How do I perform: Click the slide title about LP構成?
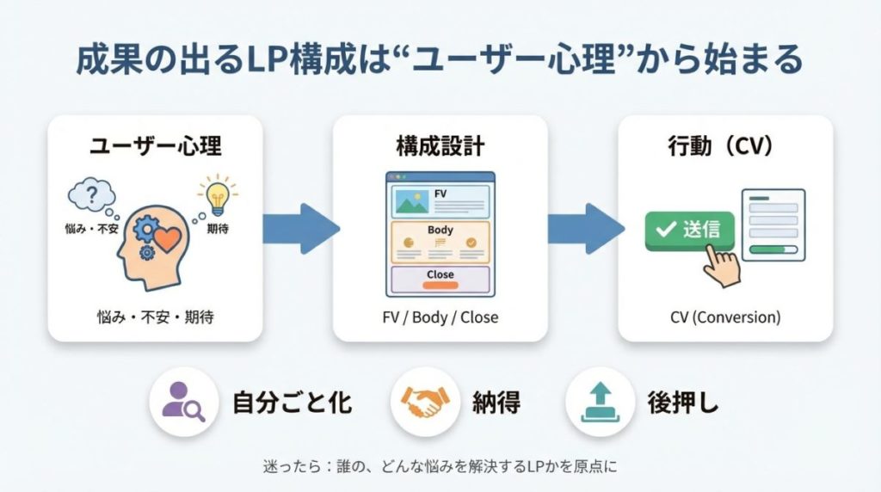click(x=440, y=60)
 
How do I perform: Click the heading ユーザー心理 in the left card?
click(x=155, y=145)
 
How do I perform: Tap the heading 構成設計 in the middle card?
click(x=440, y=145)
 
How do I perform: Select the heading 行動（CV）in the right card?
click(x=725, y=145)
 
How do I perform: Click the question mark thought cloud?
click(x=92, y=195)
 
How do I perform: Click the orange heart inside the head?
click(x=168, y=237)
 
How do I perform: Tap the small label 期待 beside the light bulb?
click(x=218, y=231)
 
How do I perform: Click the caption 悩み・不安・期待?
click(x=155, y=317)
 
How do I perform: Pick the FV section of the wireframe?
click(x=440, y=199)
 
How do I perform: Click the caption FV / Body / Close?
click(x=440, y=317)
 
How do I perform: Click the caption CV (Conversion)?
click(x=725, y=317)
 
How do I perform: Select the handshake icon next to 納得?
click(x=422, y=402)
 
